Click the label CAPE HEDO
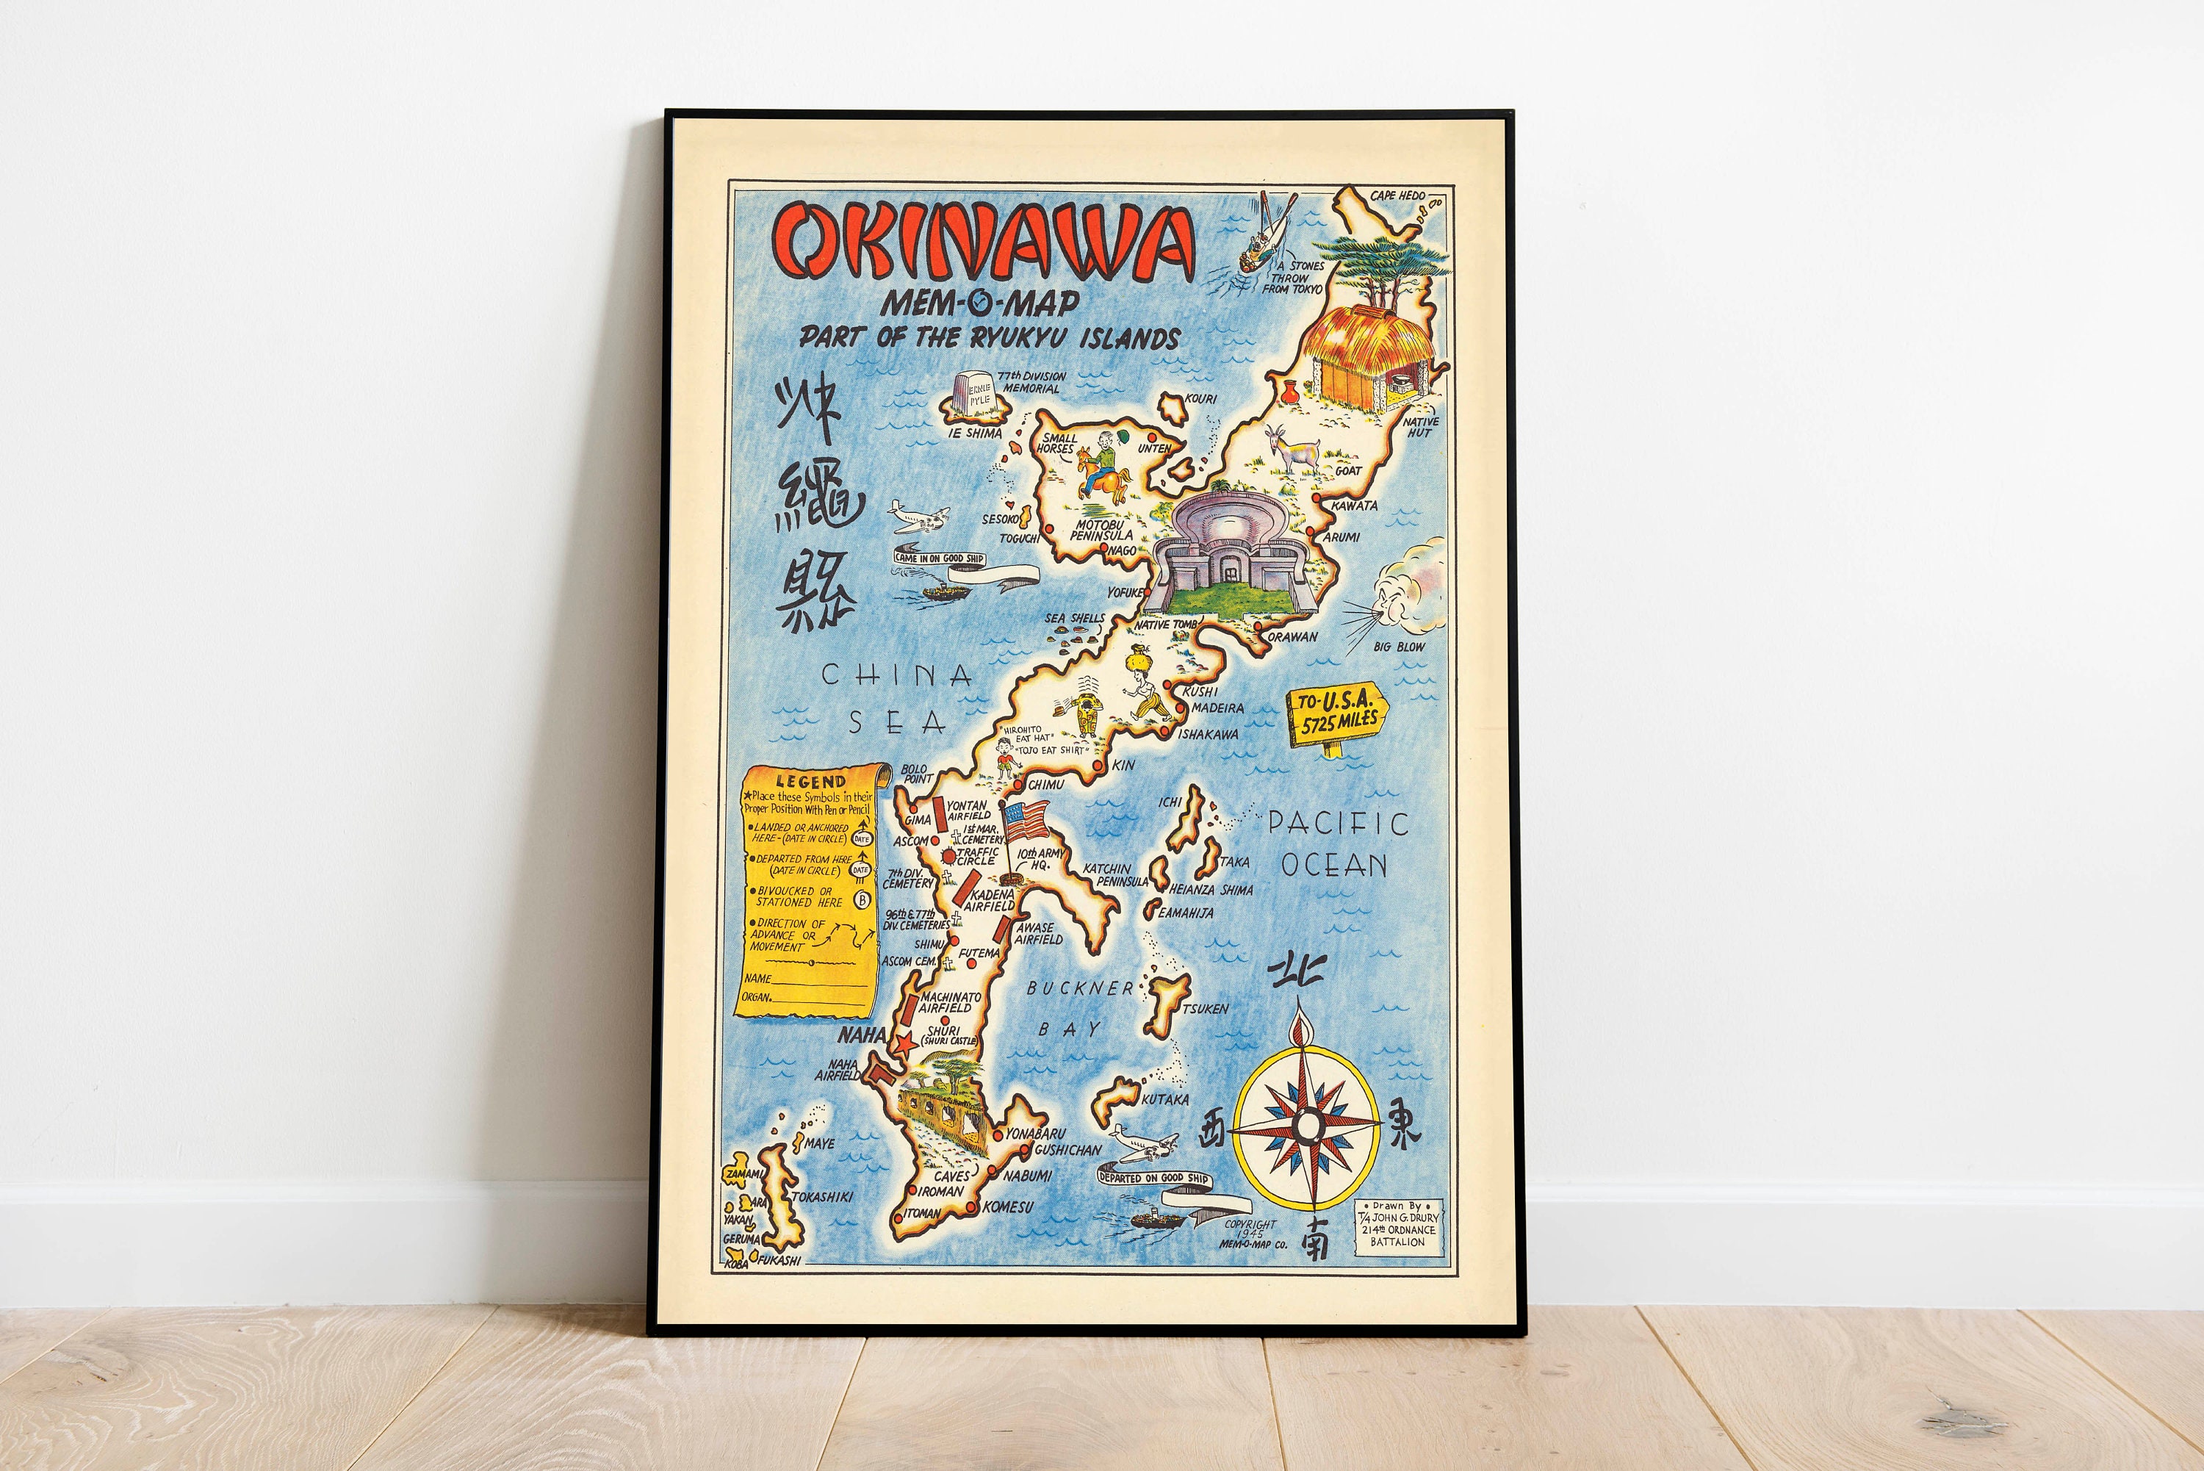tap(1397, 196)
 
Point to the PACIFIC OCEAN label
tap(1336, 844)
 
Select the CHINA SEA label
tap(896, 698)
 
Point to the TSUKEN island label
tap(1205, 1009)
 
